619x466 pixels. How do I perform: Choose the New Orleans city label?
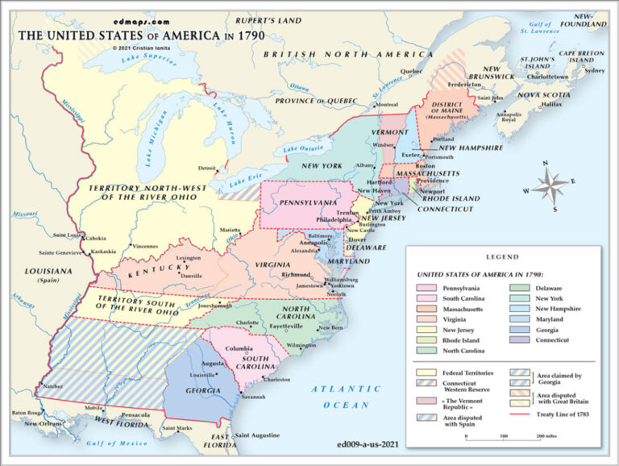click(x=42, y=423)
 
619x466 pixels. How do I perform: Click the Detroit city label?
click(x=208, y=168)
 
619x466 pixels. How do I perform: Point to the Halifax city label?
click(x=529, y=104)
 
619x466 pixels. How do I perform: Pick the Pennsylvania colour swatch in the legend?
click(x=426, y=288)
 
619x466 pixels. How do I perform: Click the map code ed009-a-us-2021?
click(x=367, y=443)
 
